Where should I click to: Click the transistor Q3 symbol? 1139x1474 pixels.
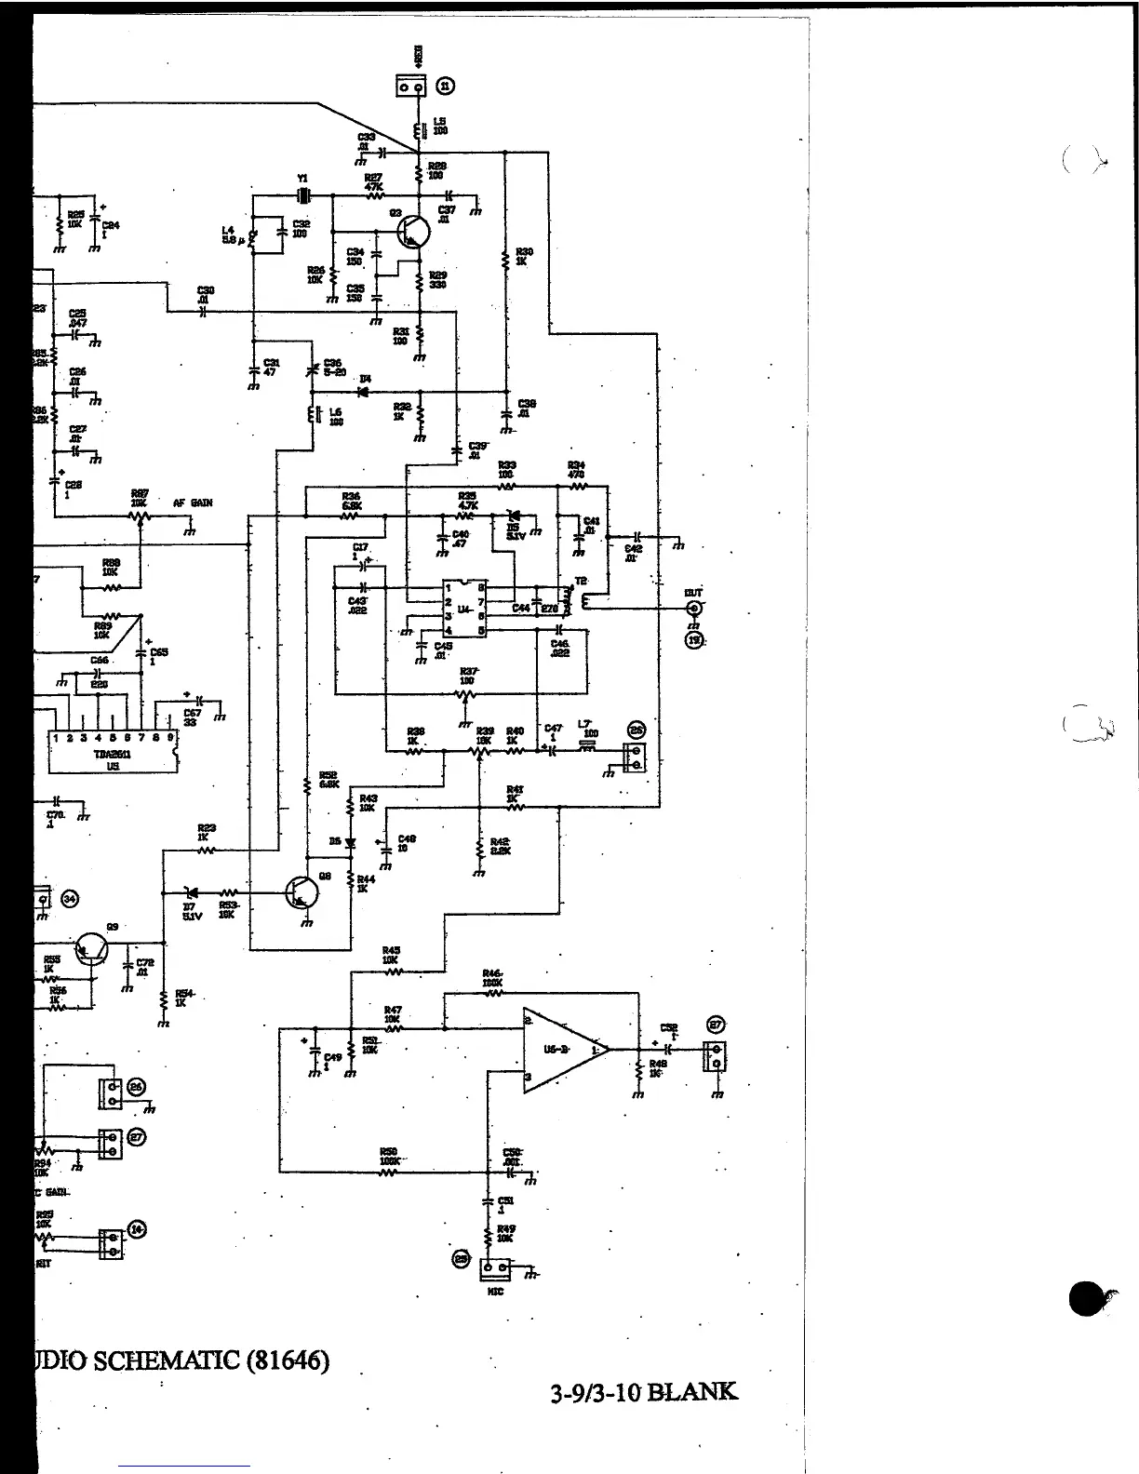point(411,230)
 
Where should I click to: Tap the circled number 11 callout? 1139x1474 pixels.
point(448,87)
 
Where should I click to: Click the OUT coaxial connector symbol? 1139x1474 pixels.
point(693,609)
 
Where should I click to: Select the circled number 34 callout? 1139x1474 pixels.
point(71,898)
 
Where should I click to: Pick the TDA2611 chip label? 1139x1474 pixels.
point(113,755)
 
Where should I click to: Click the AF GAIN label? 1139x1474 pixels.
point(193,502)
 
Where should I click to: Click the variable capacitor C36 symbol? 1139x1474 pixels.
point(314,370)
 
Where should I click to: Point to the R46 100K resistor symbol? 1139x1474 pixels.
point(493,994)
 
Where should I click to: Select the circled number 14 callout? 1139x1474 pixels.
point(138,1230)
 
